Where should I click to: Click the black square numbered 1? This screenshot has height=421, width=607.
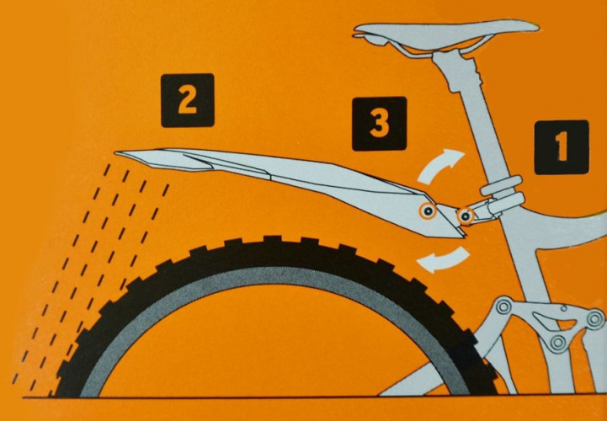tap(562, 147)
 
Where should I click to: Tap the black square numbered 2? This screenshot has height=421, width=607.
tap(188, 100)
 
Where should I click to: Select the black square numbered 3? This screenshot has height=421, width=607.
tap(379, 124)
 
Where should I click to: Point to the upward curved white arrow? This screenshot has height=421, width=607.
tap(439, 166)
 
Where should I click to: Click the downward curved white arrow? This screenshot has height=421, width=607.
tap(443, 260)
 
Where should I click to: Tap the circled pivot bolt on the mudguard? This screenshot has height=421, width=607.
tap(428, 211)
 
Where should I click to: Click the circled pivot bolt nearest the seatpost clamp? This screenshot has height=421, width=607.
tap(465, 216)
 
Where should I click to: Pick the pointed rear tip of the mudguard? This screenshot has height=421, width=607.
tap(116, 153)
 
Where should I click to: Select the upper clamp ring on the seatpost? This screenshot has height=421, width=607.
tap(501, 185)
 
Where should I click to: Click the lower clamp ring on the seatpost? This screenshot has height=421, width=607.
tap(505, 204)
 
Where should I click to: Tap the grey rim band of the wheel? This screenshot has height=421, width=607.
tap(271, 273)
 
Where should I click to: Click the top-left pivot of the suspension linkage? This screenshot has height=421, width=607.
tap(503, 307)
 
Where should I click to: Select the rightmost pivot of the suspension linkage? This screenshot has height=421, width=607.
tap(595, 319)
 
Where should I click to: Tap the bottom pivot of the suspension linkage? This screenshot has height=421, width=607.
tap(558, 342)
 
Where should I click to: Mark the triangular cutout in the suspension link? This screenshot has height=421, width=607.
tap(548, 319)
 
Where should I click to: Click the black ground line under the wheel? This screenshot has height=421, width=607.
tap(310, 397)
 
